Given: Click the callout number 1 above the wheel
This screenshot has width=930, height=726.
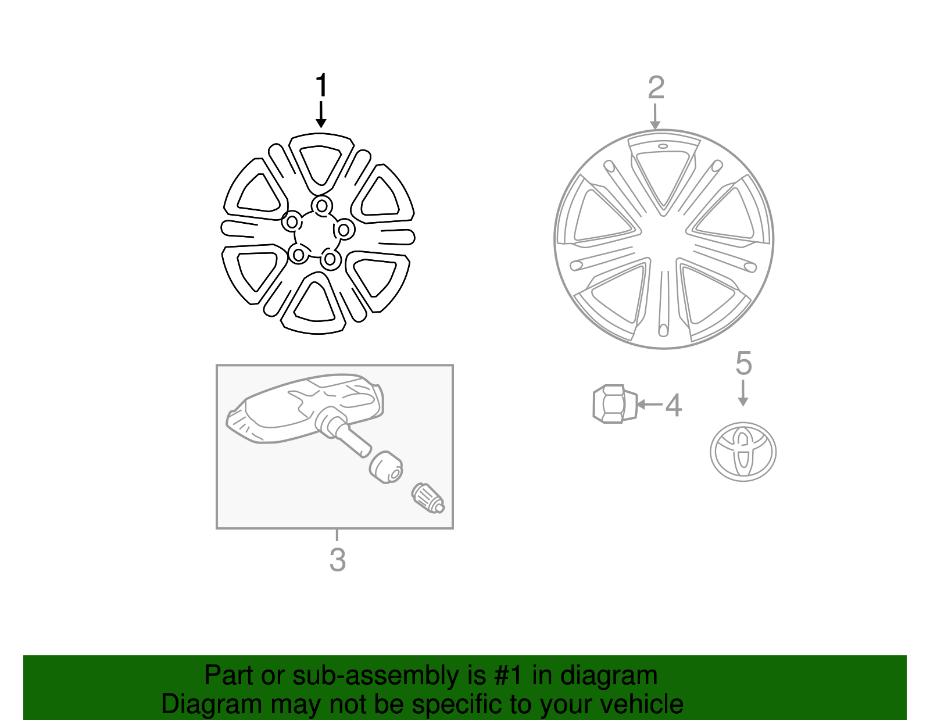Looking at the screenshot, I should point(321,86).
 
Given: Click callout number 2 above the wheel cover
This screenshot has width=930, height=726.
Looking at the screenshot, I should point(656,88).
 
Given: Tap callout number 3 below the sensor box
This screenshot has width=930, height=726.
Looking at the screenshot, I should point(337,560).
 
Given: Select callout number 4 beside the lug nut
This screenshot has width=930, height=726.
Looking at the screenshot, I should point(673,405).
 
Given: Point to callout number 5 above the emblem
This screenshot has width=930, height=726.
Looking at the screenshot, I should point(743,363).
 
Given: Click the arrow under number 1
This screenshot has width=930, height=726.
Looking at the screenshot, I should point(321,115).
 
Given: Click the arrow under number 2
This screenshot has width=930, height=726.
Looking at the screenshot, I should point(655,117).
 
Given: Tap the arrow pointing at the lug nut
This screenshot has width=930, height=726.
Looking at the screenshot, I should point(649,404).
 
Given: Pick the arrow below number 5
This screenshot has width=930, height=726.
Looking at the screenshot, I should point(742,394).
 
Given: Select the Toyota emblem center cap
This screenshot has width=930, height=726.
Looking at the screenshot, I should point(743,452).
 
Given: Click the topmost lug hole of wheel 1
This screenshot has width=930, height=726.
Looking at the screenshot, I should point(321,205).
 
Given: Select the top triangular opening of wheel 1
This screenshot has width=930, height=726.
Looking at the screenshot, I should point(320,164).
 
